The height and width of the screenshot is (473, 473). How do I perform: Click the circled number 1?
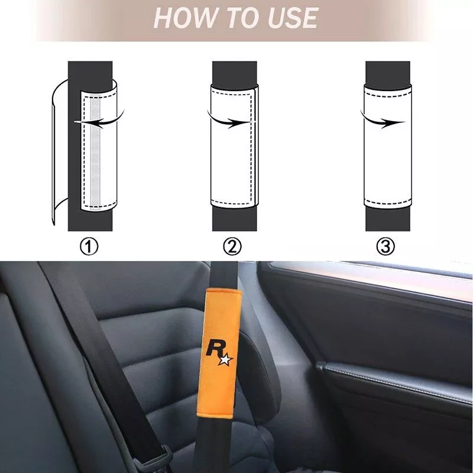coord(89,247)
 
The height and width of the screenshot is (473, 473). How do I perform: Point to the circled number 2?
coord(232,247)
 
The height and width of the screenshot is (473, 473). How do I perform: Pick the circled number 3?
coord(385,247)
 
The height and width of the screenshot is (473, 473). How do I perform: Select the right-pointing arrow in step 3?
coord(382,120)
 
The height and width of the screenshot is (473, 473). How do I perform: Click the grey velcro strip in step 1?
coord(95,153)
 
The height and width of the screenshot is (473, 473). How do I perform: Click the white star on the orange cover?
coord(226,360)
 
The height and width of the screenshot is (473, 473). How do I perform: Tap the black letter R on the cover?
coord(213,348)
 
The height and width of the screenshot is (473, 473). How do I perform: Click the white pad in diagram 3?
coord(388,147)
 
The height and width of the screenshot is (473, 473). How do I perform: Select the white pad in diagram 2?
coord(234,147)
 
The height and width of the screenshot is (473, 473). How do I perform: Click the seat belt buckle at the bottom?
coord(157,459)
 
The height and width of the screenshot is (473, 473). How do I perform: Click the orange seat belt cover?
coord(221,354)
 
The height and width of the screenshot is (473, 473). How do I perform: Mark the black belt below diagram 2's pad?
coord(234,219)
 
